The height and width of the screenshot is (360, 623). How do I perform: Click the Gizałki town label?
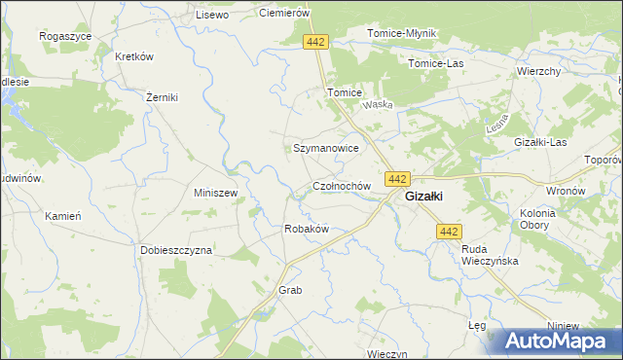(425, 196)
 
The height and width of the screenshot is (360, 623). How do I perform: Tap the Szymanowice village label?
(327, 148)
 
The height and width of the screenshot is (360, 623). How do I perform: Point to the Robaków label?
(306, 229)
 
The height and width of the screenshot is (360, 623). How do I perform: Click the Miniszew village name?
(216, 193)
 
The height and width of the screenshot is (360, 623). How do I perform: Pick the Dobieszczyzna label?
(175, 249)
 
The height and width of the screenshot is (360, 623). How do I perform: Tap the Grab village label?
(291, 290)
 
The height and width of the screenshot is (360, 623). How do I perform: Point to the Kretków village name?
(135, 56)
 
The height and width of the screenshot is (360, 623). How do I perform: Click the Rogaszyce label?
(64, 35)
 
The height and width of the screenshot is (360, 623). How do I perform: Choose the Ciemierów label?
(284, 13)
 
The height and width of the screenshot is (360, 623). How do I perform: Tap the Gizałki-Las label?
(540, 142)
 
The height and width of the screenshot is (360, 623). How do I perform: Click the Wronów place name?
(566, 191)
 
